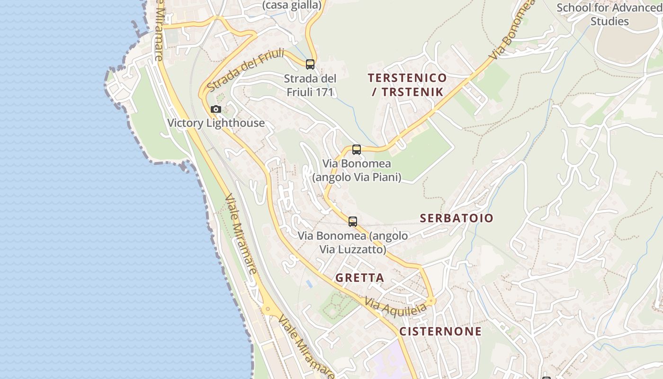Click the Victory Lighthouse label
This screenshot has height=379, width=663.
pos(216,123)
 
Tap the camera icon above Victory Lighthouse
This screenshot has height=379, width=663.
pos(216,109)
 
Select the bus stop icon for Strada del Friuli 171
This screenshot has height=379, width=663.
pos(310,64)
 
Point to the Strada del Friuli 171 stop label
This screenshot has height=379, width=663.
pos(311,85)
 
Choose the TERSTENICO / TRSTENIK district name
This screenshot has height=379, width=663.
pos(407,85)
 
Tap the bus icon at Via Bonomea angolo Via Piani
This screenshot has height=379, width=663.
pos(357,150)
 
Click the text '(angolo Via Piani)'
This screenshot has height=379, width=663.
pos(357,177)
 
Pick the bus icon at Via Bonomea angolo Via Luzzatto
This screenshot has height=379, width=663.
pos(353,221)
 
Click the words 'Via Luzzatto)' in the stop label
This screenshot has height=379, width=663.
pos(353,249)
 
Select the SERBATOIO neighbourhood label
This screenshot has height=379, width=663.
pos(457,218)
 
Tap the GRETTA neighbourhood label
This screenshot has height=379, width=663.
pos(360,278)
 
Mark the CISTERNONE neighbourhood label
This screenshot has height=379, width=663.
pos(440,331)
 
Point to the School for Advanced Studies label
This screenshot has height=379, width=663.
pos(609,15)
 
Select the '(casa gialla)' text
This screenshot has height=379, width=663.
pos(292,5)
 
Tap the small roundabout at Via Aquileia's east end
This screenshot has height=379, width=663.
pos(431,300)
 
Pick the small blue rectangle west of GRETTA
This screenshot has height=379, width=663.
pos(309,284)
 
